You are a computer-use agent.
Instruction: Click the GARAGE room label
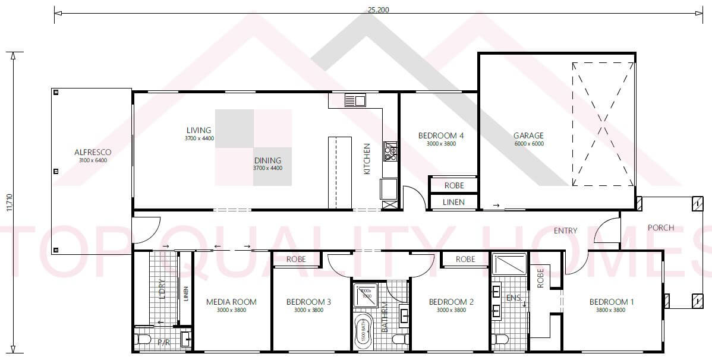(x=528, y=135)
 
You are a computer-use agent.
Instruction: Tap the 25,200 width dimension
(x=374, y=10)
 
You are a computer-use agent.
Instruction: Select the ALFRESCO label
(x=93, y=152)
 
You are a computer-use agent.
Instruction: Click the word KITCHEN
(x=367, y=159)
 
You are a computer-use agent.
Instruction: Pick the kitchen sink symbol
(x=355, y=100)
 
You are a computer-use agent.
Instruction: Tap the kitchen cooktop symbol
(x=390, y=151)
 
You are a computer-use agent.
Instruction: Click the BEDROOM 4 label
(x=441, y=135)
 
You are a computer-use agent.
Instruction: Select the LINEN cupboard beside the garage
(x=453, y=203)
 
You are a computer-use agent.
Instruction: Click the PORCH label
(x=661, y=228)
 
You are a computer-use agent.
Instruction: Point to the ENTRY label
(x=565, y=230)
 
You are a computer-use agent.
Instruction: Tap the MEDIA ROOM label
(x=231, y=302)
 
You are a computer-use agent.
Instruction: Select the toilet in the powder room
(x=143, y=340)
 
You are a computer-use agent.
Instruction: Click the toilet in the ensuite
(x=500, y=340)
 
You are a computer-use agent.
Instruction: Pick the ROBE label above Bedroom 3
(x=296, y=259)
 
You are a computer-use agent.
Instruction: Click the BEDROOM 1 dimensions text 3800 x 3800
(x=611, y=310)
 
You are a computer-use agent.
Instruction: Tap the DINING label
(x=267, y=160)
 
